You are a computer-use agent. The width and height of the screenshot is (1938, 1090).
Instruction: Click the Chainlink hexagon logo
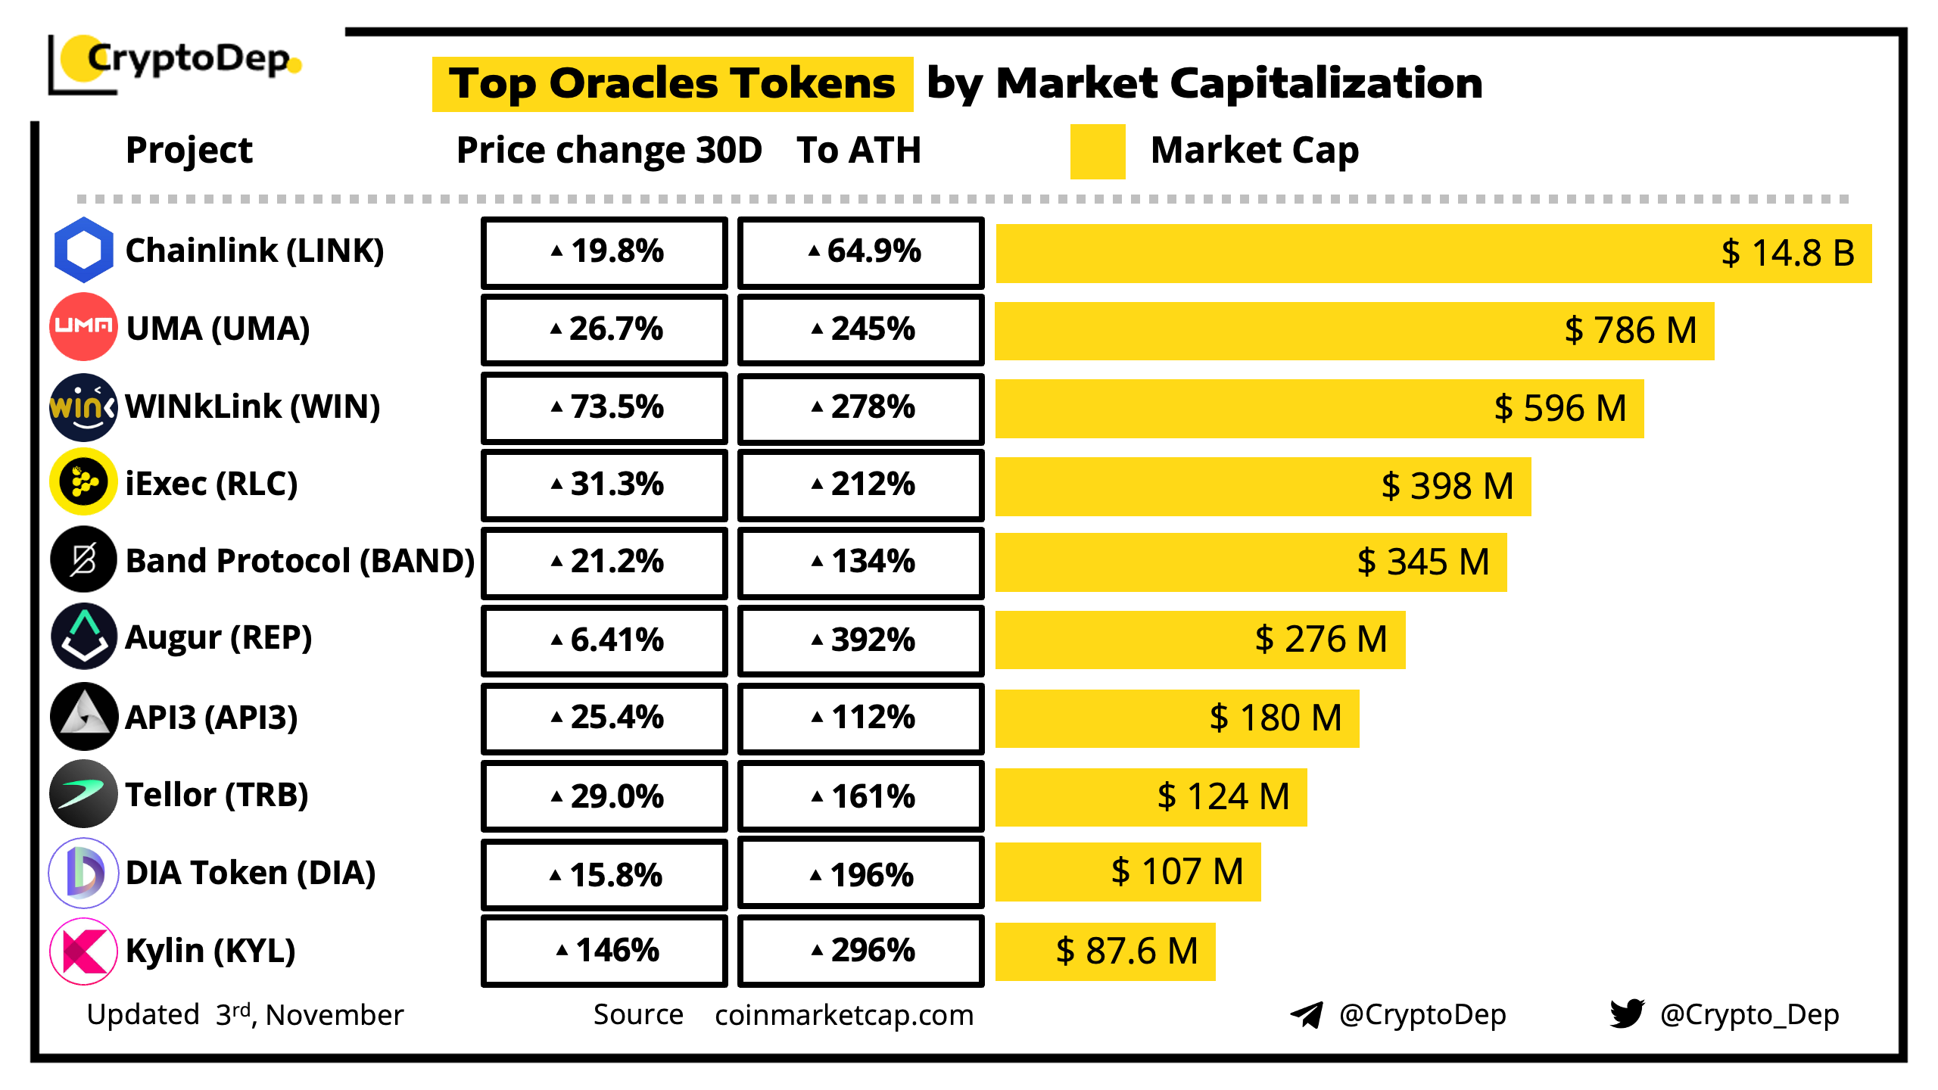click(x=83, y=250)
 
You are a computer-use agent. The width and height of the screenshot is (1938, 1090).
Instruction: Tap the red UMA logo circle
click(x=83, y=327)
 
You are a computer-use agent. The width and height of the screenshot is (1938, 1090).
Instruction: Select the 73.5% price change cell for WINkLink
click(x=604, y=407)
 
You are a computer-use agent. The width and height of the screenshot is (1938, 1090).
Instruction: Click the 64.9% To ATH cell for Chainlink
click(x=861, y=251)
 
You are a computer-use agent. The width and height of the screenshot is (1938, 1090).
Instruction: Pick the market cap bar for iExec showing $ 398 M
click(x=1263, y=486)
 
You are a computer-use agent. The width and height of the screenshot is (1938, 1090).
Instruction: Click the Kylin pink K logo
click(x=83, y=951)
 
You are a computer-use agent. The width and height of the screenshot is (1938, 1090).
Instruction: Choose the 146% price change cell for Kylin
click(x=604, y=951)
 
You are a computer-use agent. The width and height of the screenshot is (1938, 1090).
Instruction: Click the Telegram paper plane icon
click(x=1307, y=1014)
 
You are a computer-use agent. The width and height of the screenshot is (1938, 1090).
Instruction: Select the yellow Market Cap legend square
click(x=1097, y=151)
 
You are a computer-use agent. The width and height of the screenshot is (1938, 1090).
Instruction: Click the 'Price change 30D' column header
click(x=609, y=150)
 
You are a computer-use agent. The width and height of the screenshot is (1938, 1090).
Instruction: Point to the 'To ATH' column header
click(x=858, y=150)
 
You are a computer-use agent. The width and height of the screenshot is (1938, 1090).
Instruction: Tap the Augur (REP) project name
click(x=218, y=637)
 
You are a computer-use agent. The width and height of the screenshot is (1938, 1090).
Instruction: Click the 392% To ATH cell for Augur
click(x=861, y=640)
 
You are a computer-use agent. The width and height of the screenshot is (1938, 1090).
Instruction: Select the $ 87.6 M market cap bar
click(x=1105, y=951)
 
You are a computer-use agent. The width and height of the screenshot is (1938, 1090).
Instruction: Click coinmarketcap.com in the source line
click(x=843, y=1014)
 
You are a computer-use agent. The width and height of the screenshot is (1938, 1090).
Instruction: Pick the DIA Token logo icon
click(x=83, y=873)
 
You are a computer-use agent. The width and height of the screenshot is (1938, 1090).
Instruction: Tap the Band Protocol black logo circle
click(x=83, y=560)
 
